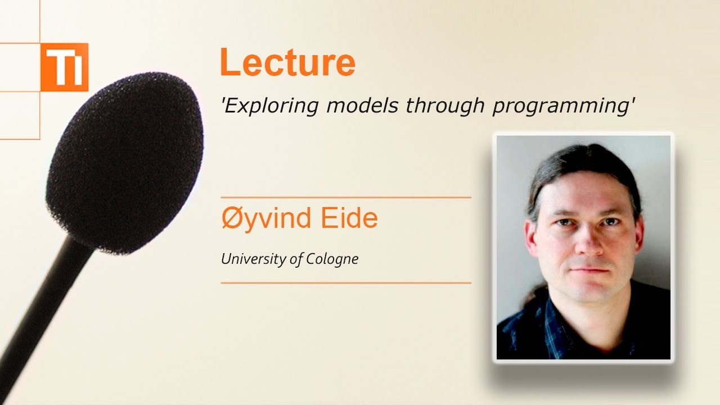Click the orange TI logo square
(x=64, y=67)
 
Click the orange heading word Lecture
(x=287, y=62)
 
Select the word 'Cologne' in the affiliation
(x=332, y=259)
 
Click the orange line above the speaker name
(x=345, y=198)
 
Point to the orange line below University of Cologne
(x=345, y=283)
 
